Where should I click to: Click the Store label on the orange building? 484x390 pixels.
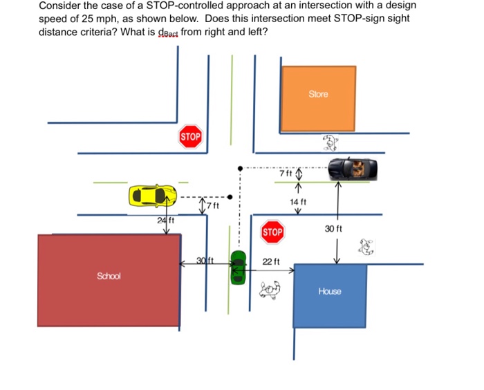(x=318, y=94)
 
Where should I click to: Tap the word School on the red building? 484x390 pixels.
(x=109, y=276)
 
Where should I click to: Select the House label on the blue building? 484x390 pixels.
(x=329, y=291)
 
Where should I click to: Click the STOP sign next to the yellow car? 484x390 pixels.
(x=190, y=137)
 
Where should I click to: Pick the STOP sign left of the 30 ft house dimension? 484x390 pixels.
(x=272, y=232)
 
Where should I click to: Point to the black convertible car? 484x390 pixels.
(x=353, y=168)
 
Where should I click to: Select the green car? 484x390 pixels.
(x=239, y=267)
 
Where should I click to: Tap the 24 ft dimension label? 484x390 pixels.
(x=165, y=220)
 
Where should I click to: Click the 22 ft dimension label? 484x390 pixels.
(x=272, y=262)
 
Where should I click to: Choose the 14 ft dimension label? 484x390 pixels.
(x=298, y=201)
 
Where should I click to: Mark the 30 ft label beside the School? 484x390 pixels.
(x=203, y=260)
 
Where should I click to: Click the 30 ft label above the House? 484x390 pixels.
(x=334, y=228)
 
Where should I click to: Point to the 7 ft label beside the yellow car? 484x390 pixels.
(x=213, y=206)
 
